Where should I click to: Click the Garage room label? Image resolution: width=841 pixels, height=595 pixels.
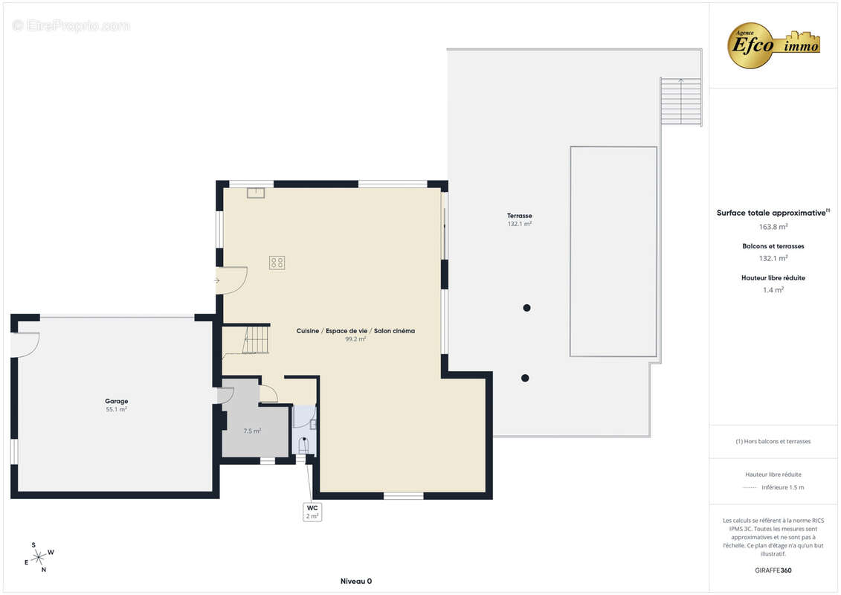(x=117, y=402)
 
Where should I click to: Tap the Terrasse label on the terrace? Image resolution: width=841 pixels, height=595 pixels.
(x=519, y=216)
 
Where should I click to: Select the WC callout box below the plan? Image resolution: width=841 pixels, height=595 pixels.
(x=312, y=512)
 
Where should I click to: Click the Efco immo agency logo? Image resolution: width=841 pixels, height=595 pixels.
(x=773, y=45)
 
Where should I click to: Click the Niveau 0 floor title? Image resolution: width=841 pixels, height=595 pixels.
(x=356, y=581)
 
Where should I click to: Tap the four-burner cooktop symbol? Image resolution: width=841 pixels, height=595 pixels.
(x=277, y=263)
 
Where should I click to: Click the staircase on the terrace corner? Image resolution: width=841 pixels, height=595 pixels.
(x=681, y=101)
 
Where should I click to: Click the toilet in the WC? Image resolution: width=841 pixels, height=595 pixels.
(x=304, y=446)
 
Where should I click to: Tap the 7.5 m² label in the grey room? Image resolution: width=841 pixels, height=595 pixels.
(x=252, y=431)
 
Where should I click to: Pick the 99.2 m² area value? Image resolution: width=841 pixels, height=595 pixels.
(x=355, y=339)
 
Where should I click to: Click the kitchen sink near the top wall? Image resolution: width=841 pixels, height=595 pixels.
(x=256, y=193)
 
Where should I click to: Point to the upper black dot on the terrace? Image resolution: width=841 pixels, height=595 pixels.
(x=526, y=308)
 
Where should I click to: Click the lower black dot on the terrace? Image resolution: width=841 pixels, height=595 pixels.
(x=525, y=379)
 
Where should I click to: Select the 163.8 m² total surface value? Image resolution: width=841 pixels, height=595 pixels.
(x=773, y=227)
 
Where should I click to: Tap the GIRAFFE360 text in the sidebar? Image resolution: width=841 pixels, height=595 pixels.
(x=773, y=570)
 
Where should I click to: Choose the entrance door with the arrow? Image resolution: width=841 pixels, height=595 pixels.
(x=232, y=280)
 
